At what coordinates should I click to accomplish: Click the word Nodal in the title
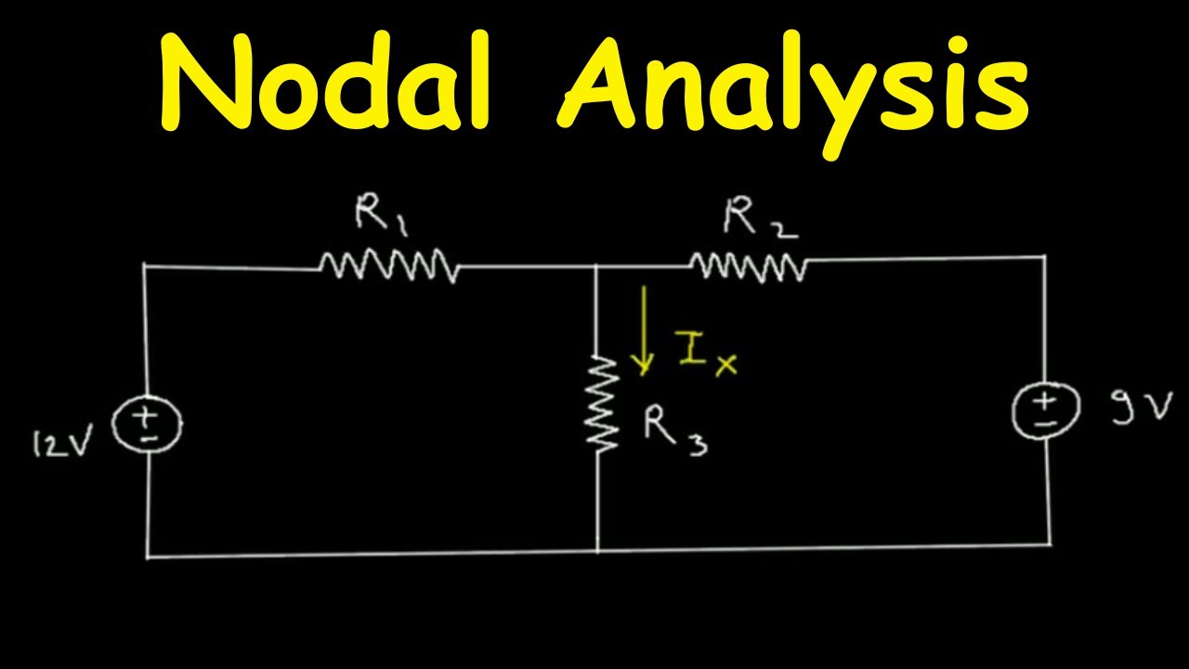[324, 80]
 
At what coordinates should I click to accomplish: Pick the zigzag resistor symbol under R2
[749, 267]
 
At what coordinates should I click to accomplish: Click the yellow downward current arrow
[644, 330]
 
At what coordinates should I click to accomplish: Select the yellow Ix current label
[708, 352]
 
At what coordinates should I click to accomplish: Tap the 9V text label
[1142, 408]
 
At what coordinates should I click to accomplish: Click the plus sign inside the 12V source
[144, 418]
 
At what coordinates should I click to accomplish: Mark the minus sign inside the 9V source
[1046, 423]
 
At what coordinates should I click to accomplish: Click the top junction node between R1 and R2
[596, 266]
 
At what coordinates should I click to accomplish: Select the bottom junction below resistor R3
[597, 551]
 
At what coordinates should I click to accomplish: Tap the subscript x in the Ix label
[726, 365]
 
